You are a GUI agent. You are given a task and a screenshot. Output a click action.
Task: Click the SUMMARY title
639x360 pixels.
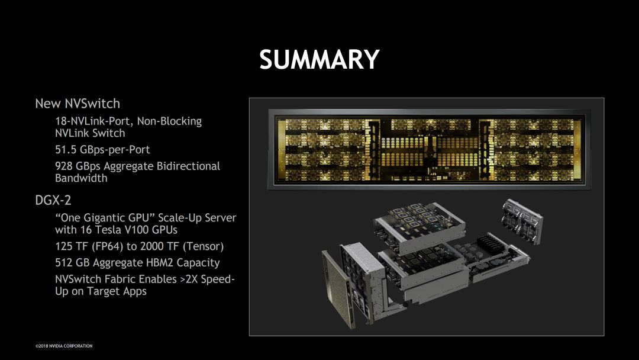[x=319, y=60]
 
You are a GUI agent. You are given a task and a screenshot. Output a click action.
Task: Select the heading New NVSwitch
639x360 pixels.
[x=78, y=104]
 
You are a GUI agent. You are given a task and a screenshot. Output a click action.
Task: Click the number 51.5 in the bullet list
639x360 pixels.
[x=67, y=150]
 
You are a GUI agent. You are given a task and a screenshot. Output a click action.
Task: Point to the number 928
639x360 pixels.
[x=64, y=166]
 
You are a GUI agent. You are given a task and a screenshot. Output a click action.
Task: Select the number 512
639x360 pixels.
[x=64, y=263]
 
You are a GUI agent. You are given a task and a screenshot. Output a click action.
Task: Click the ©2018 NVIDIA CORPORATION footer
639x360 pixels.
[x=64, y=346]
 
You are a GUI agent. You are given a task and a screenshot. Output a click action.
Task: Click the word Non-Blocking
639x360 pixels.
[x=169, y=121]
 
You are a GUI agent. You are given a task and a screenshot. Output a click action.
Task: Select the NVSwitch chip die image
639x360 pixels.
[x=426, y=149]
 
